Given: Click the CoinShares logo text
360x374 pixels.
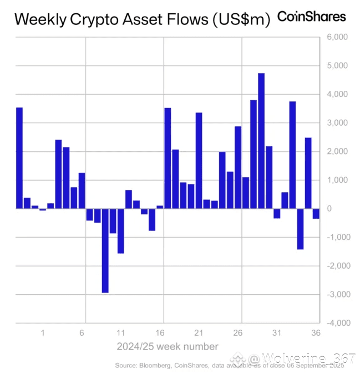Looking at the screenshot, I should click(x=311, y=17).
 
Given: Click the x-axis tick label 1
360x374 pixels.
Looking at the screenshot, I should click(x=43, y=334).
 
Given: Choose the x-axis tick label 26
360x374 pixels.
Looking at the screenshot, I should click(x=238, y=334).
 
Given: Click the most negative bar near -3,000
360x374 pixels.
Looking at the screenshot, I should click(x=105, y=250).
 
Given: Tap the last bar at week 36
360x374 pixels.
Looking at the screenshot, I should click(x=316, y=213).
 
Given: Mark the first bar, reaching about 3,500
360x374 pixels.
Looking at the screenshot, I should click(x=19, y=158).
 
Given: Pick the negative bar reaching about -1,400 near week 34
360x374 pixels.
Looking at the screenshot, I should click(x=300, y=229).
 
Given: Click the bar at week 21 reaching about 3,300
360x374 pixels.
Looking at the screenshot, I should click(x=199, y=161).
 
